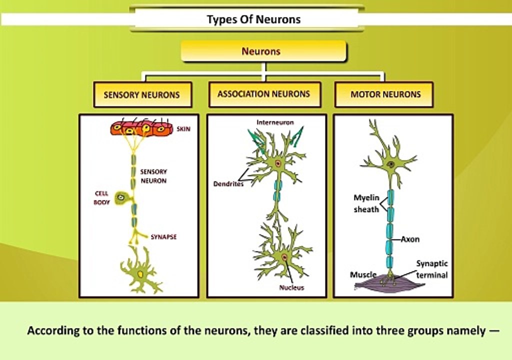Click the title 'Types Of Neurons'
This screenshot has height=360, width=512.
point(253,19)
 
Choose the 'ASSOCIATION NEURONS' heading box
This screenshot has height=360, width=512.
point(263,94)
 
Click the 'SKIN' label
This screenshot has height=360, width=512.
point(183,129)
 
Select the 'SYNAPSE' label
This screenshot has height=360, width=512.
point(163,237)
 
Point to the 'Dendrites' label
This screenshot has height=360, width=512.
point(228,184)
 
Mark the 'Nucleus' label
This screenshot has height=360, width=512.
point(291,287)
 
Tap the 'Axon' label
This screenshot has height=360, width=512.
point(410,239)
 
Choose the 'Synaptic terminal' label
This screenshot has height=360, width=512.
point(432,269)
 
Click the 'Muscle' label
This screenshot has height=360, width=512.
point(363,275)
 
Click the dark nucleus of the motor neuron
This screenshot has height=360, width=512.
point(390,164)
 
